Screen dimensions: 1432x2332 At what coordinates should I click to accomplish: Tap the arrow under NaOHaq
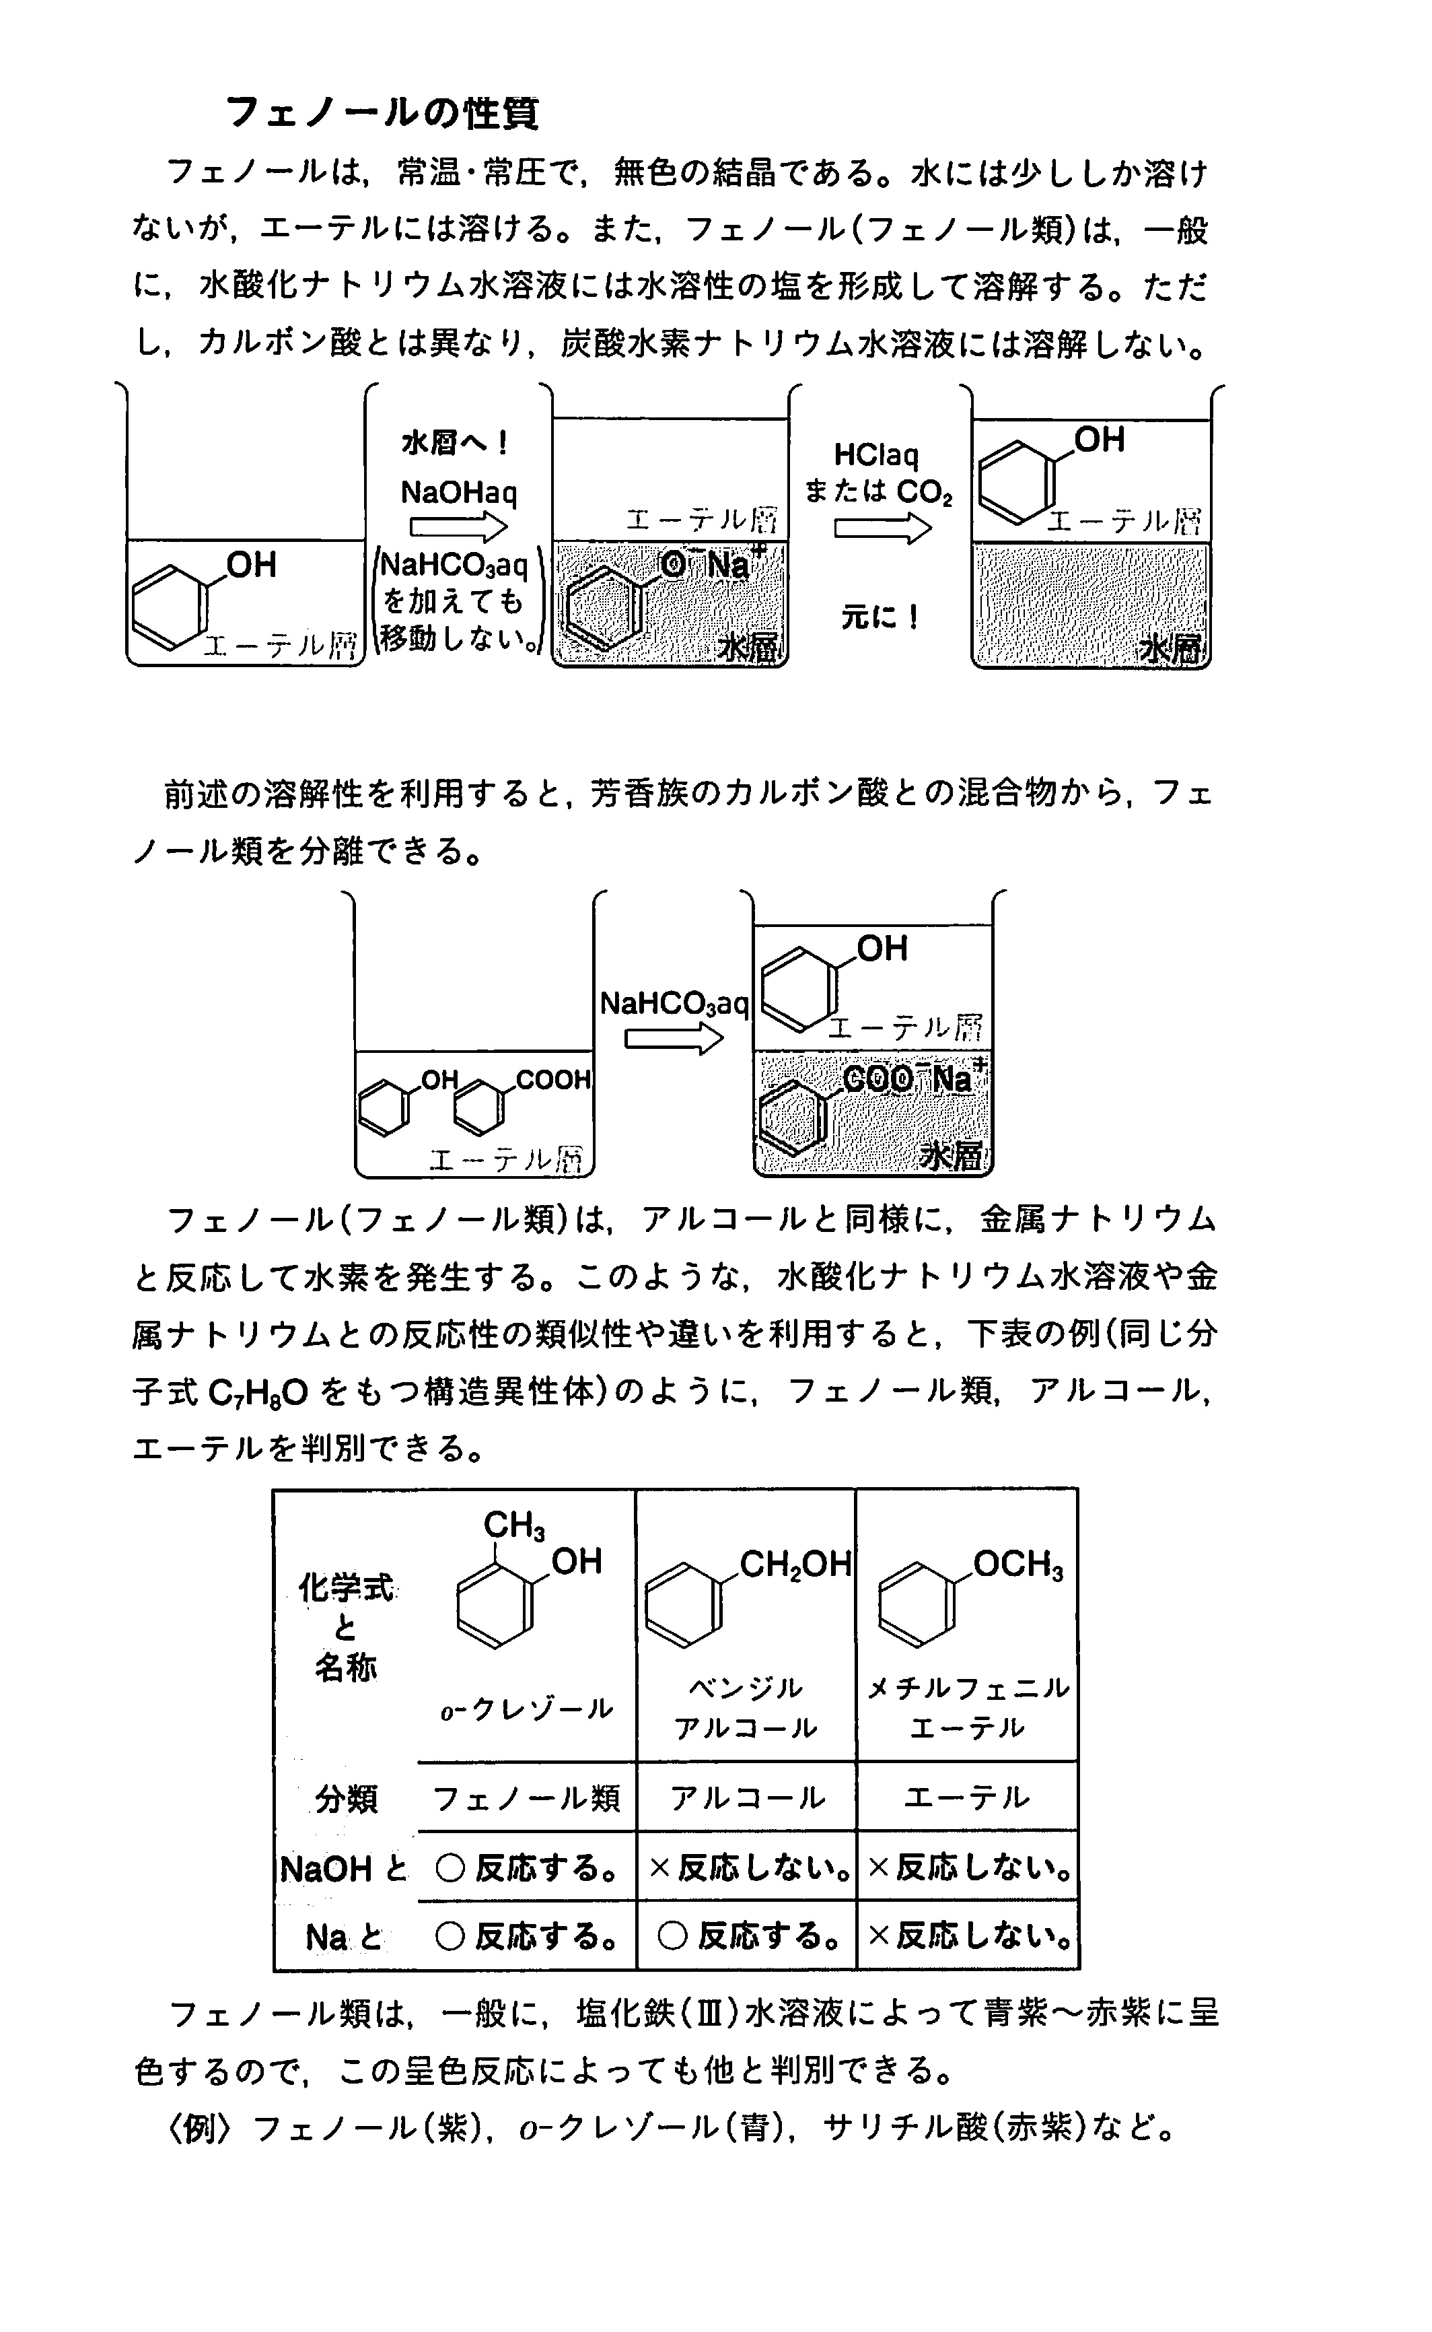[x=458, y=526]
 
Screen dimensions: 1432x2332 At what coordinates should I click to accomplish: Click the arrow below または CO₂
[x=883, y=528]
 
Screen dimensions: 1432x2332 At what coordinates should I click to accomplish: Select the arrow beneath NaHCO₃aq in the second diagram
[x=674, y=1039]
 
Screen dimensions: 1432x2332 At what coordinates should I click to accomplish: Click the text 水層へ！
[x=456, y=442]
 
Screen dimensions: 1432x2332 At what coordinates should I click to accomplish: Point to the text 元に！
[x=880, y=617]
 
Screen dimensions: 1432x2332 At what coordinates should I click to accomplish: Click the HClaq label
[x=876, y=456]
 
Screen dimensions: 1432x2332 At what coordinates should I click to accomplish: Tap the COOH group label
[x=553, y=1080]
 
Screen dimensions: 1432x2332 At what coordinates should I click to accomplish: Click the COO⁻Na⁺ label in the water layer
[x=914, y=1077]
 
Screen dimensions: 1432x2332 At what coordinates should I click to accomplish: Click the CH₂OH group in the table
[x=795, y=1564]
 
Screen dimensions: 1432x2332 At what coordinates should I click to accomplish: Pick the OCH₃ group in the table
[x=1018, y=1564]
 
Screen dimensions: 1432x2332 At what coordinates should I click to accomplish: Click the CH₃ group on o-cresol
[x=514, y=1525]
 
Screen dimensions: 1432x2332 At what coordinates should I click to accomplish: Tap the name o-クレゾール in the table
[x=527, y=1710]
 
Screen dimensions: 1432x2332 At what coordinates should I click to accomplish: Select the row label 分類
[x=346, y=1797]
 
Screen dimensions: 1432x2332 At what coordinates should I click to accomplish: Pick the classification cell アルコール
[x=747, y=1797]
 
